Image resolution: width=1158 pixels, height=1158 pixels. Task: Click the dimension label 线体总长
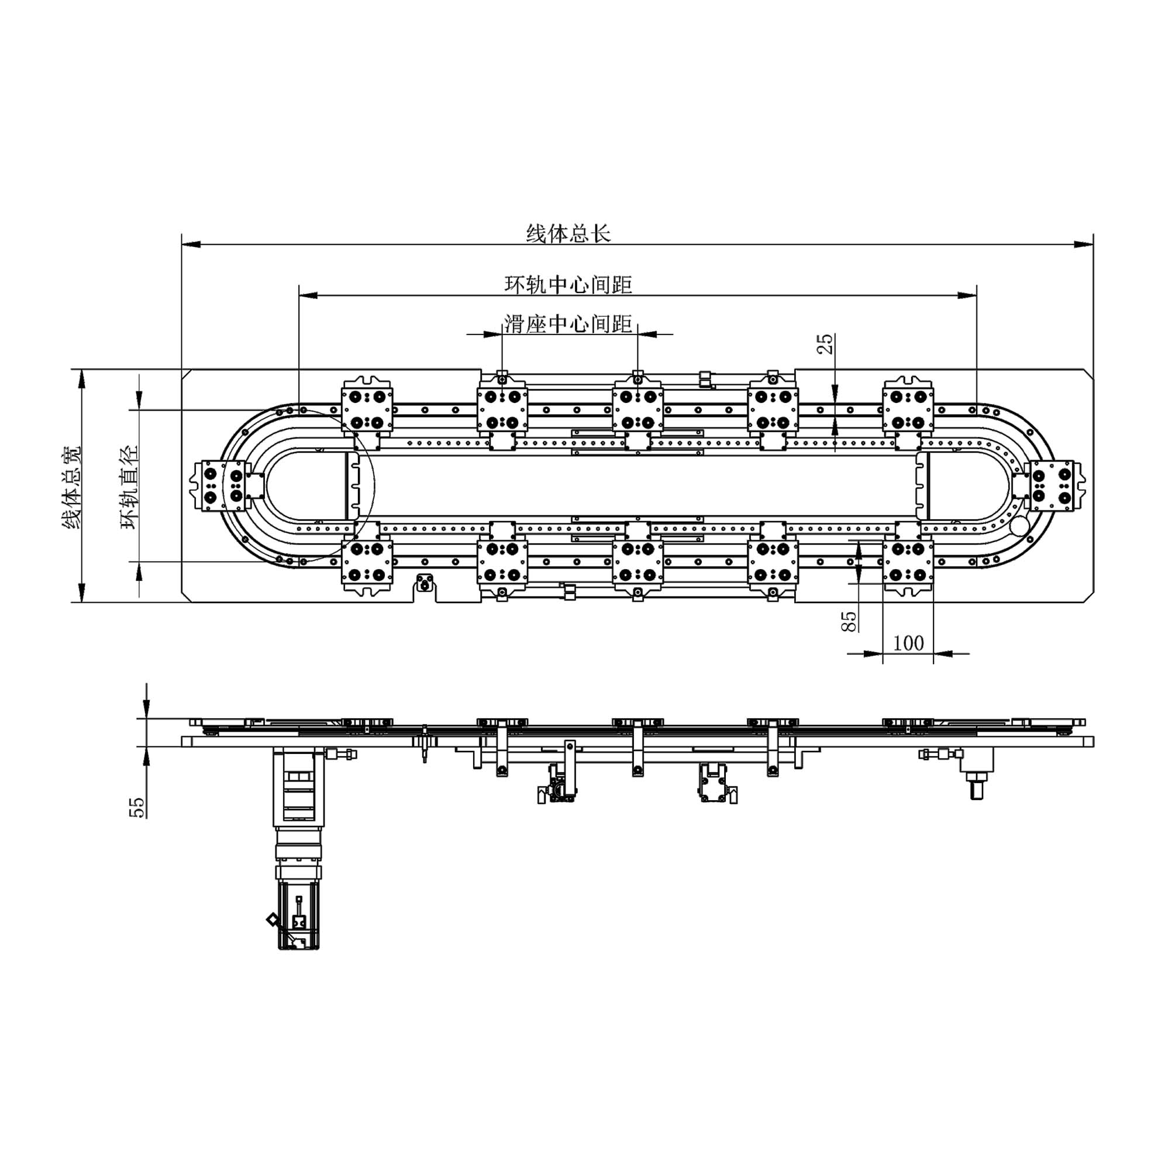point(568,233)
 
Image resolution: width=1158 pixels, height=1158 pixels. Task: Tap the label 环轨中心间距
point(568,284)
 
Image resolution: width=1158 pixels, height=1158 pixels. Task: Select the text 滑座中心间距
point(568,323)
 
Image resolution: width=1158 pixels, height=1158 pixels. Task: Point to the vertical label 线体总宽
point(73,487)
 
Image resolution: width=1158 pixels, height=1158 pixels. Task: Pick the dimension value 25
point(825,343)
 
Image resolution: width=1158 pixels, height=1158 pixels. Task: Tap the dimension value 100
point(909,643)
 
